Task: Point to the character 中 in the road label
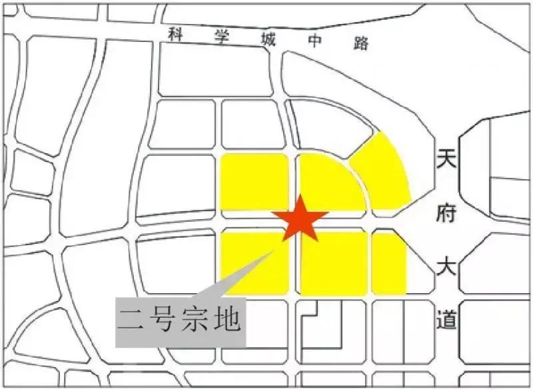click(314, 41)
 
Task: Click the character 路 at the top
click(361, 43)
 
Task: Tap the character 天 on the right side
click(446, 159)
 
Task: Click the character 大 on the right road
click(446, 266)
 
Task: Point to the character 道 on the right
click(446, 320)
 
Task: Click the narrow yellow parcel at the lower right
click(389, 262)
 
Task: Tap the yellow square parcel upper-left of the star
click(254, 182)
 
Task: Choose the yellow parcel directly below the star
click(333, 264)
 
